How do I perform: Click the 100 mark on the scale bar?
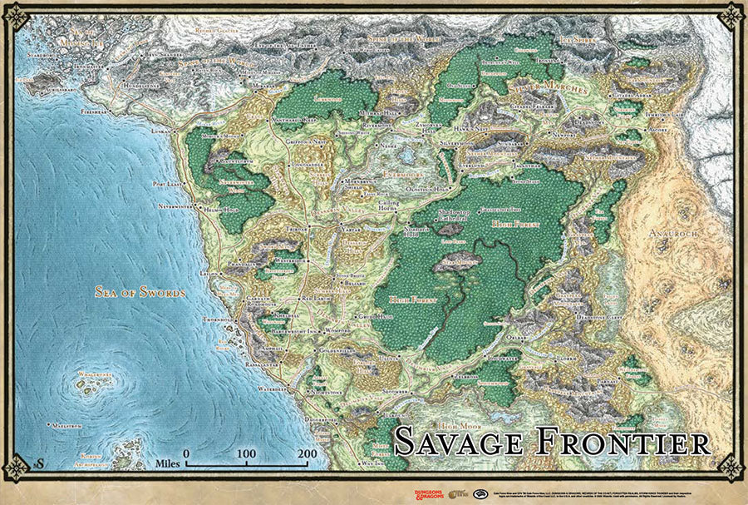246,453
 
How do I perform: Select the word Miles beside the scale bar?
169,462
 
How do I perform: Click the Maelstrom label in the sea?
65,426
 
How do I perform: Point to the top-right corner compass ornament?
731,15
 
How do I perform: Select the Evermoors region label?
385,175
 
